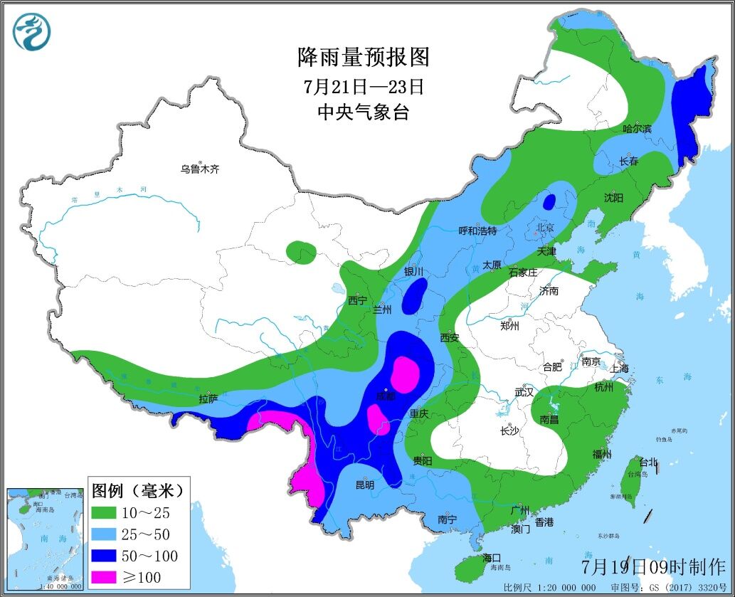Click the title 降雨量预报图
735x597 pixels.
pos(363,56)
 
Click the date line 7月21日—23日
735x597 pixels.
pos(363,87)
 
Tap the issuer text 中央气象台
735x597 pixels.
pos(363,112)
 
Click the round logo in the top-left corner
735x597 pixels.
pos(32,32)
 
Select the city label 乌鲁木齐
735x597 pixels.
pos(199,169)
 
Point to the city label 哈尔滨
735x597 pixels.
pos(637,129)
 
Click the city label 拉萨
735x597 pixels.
pos(208,400)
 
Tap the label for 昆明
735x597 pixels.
pos(364,485)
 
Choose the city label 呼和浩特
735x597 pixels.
pos(477,231)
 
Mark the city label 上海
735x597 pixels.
pos(619,369)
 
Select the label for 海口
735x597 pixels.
pos(492,557)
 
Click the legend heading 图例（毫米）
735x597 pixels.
pos(138,490)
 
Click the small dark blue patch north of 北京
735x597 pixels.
pos(549,201)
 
